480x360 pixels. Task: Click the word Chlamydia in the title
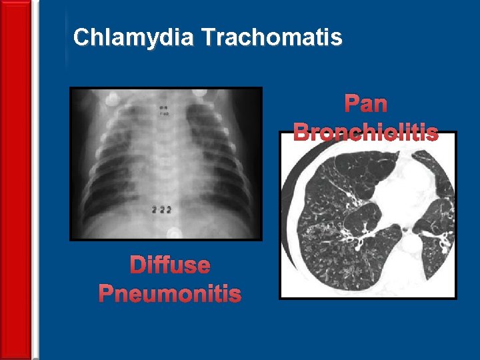pyautogui.click(x=133, y=37)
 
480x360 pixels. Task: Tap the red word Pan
pyautogui.click(x=365, y=104)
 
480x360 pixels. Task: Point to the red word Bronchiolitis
pyautogui.click(x=365, y=131)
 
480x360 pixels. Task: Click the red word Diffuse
pyautogui.click(x=170, y=265)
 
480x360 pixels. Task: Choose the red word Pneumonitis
pyautogui.click(x=170, y=293)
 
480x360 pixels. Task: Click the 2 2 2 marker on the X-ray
pyautogui.click(x=161, y=209)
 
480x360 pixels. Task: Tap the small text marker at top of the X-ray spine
pyautogui.click(x=162, y=111)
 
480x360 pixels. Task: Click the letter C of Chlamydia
pyautogui.click(x=81, y=37)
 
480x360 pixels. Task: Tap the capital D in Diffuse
pyautogui.click(x=137, y=265)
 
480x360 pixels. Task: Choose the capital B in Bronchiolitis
pyautogui.click(x=301, y=131)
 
